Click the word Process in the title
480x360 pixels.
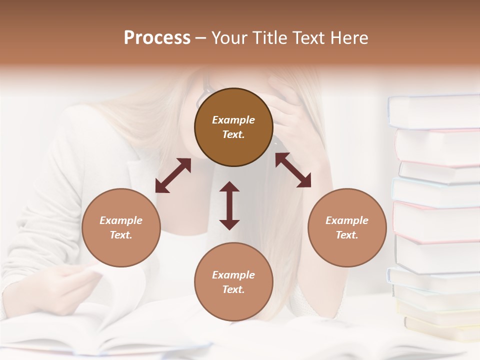click(x=157, y=38)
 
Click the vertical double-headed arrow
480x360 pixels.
click(x=229, y=205)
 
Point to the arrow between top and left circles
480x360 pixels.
click(x=173, y=175)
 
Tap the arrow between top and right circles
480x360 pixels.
click(x=293, y=170)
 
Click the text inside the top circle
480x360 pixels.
click(x=233, y=127)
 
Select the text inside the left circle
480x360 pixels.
click(x=121, y=227)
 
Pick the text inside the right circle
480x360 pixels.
click(x=347, y=227)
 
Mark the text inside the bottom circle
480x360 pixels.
click(x=233, y=282)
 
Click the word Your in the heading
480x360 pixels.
click(x=230, y=38)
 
